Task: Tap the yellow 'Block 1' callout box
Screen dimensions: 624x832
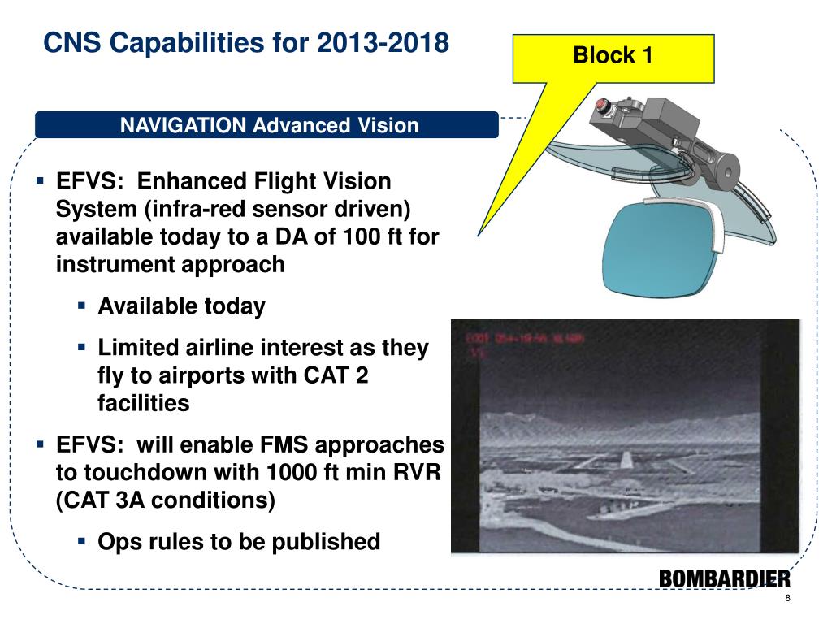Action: (613, 56)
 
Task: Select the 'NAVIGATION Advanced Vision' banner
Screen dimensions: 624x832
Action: (269, 126)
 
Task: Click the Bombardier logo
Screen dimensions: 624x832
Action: (724, 578)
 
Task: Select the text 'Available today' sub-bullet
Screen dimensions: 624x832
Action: (181, 306)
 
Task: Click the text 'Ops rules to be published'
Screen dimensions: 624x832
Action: (239, 541)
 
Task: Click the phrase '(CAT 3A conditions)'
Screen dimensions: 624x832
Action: (166, 500)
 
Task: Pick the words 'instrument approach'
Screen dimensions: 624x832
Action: (171, 264)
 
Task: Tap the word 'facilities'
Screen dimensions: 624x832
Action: (143, 403)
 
